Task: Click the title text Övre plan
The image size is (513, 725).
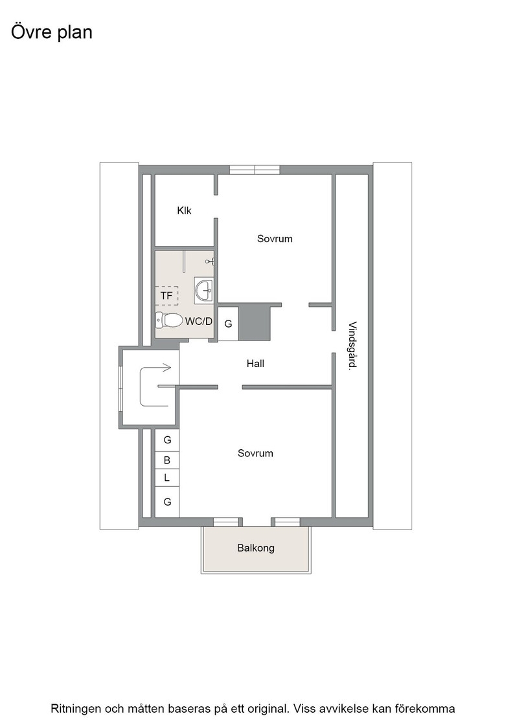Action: tap(51, 32)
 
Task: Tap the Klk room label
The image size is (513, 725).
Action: tap(184, 210)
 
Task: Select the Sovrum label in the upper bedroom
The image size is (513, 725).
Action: tap(275, 239)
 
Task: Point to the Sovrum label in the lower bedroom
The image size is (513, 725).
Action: tap(255, 453)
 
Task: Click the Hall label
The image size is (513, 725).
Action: tap(255, 363)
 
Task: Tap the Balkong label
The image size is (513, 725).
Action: tap(256, 548)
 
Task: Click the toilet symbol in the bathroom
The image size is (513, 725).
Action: tap(169, 319)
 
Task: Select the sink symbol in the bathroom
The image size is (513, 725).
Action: tap(203, 291)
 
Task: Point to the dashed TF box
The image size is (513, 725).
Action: tap(166, 295)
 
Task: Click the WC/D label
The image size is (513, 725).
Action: tap(199, 321)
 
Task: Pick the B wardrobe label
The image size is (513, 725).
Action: tap(167, 460)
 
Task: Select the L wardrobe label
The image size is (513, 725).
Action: tap(167, 478)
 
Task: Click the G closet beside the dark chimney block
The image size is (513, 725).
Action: tap(228, 324)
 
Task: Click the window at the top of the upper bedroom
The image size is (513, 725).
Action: tap(255, 170)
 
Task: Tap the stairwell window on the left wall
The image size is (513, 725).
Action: tap(120, 388)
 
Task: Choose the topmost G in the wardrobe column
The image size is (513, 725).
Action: tap(168, 440)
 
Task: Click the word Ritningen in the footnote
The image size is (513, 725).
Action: tap(76, 709)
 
